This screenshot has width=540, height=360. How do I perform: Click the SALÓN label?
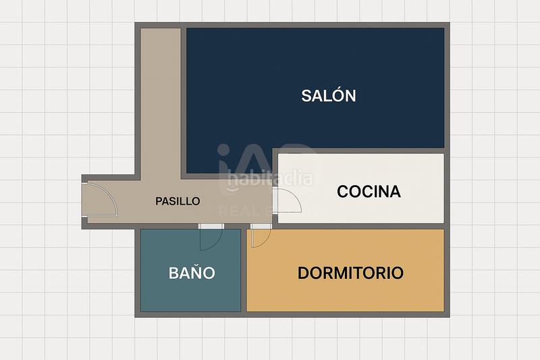tap(328, 96)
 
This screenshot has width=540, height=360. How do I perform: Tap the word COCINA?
tap(369, 192)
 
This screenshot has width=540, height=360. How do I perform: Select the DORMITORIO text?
tap(350, 274)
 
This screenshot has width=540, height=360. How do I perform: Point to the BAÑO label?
tap(192, 274)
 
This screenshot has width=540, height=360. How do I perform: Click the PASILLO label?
tap(178, 201)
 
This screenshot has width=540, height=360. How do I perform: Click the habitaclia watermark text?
tap(270, 180)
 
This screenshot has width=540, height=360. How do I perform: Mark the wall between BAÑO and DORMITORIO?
tap(244, 270)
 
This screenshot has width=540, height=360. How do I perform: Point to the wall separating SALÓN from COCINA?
tap(358, 151)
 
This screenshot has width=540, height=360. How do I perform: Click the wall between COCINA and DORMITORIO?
tap(358, 226)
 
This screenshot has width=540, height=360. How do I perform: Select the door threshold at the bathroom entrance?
tap(211, 226)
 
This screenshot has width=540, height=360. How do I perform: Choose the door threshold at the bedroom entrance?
tap(260, 226)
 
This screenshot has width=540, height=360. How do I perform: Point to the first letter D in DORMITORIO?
tap(303, 274)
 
